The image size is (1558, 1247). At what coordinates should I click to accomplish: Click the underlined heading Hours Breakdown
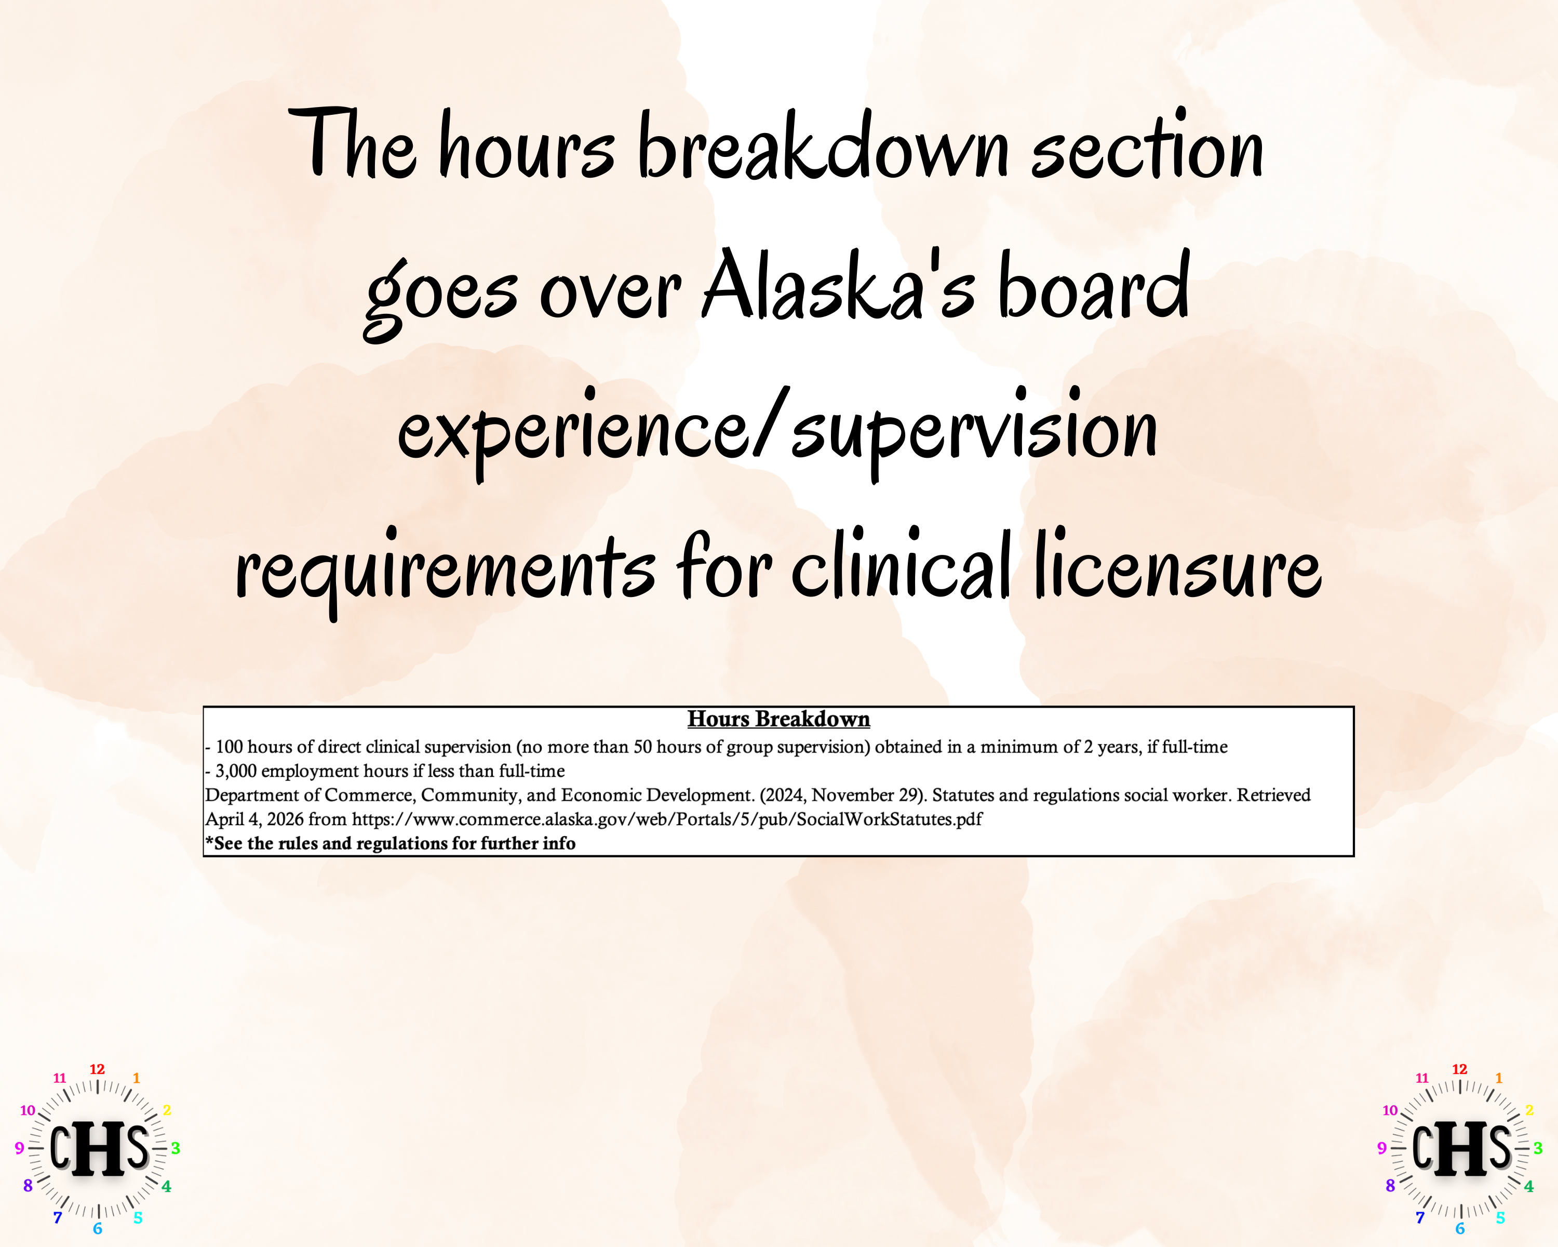[x=778, y=719]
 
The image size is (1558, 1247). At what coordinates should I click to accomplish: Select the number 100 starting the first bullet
[x=229, y=747]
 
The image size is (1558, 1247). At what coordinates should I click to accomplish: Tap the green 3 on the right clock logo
[x=1538, y=1148]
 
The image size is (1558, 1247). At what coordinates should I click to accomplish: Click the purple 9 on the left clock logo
[x=20, y=1148]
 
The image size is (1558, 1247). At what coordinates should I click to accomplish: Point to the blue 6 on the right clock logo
[x=1460, y=1229]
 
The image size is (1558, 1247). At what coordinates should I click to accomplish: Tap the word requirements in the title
[x=445, y=571]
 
